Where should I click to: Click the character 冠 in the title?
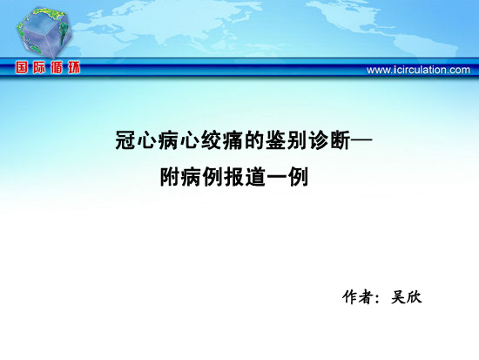(x=125, y=140)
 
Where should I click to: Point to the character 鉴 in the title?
(x=275, y=140)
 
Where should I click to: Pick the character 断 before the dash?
(x=340, y=140)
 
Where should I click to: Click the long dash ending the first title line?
(x=361, y=140)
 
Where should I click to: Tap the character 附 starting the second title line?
(x=170, y=177)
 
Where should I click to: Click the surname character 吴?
(x=398, y=296)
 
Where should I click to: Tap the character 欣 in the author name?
(x=415, y=296)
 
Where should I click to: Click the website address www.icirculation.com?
(x=418, y=70)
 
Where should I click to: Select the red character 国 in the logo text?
(x=22, y=68)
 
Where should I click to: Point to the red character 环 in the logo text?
(x=74, y=68)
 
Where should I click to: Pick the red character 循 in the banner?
(x=57, y=68)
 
